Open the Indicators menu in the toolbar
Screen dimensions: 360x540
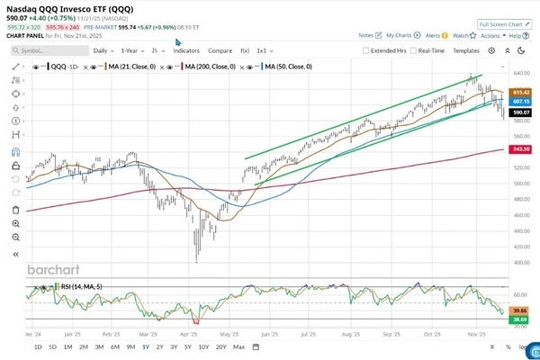186,51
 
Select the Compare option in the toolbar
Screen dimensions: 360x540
220,51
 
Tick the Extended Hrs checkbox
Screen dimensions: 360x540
366,51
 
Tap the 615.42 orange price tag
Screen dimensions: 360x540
520,92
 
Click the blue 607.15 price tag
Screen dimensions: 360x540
520,101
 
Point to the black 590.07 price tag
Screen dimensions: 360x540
520,112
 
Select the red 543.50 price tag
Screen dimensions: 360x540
520,148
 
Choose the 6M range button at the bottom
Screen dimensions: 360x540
114,346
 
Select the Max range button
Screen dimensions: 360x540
238,346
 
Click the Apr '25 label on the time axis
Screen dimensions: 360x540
188,332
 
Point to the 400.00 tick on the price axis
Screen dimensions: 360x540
520,263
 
